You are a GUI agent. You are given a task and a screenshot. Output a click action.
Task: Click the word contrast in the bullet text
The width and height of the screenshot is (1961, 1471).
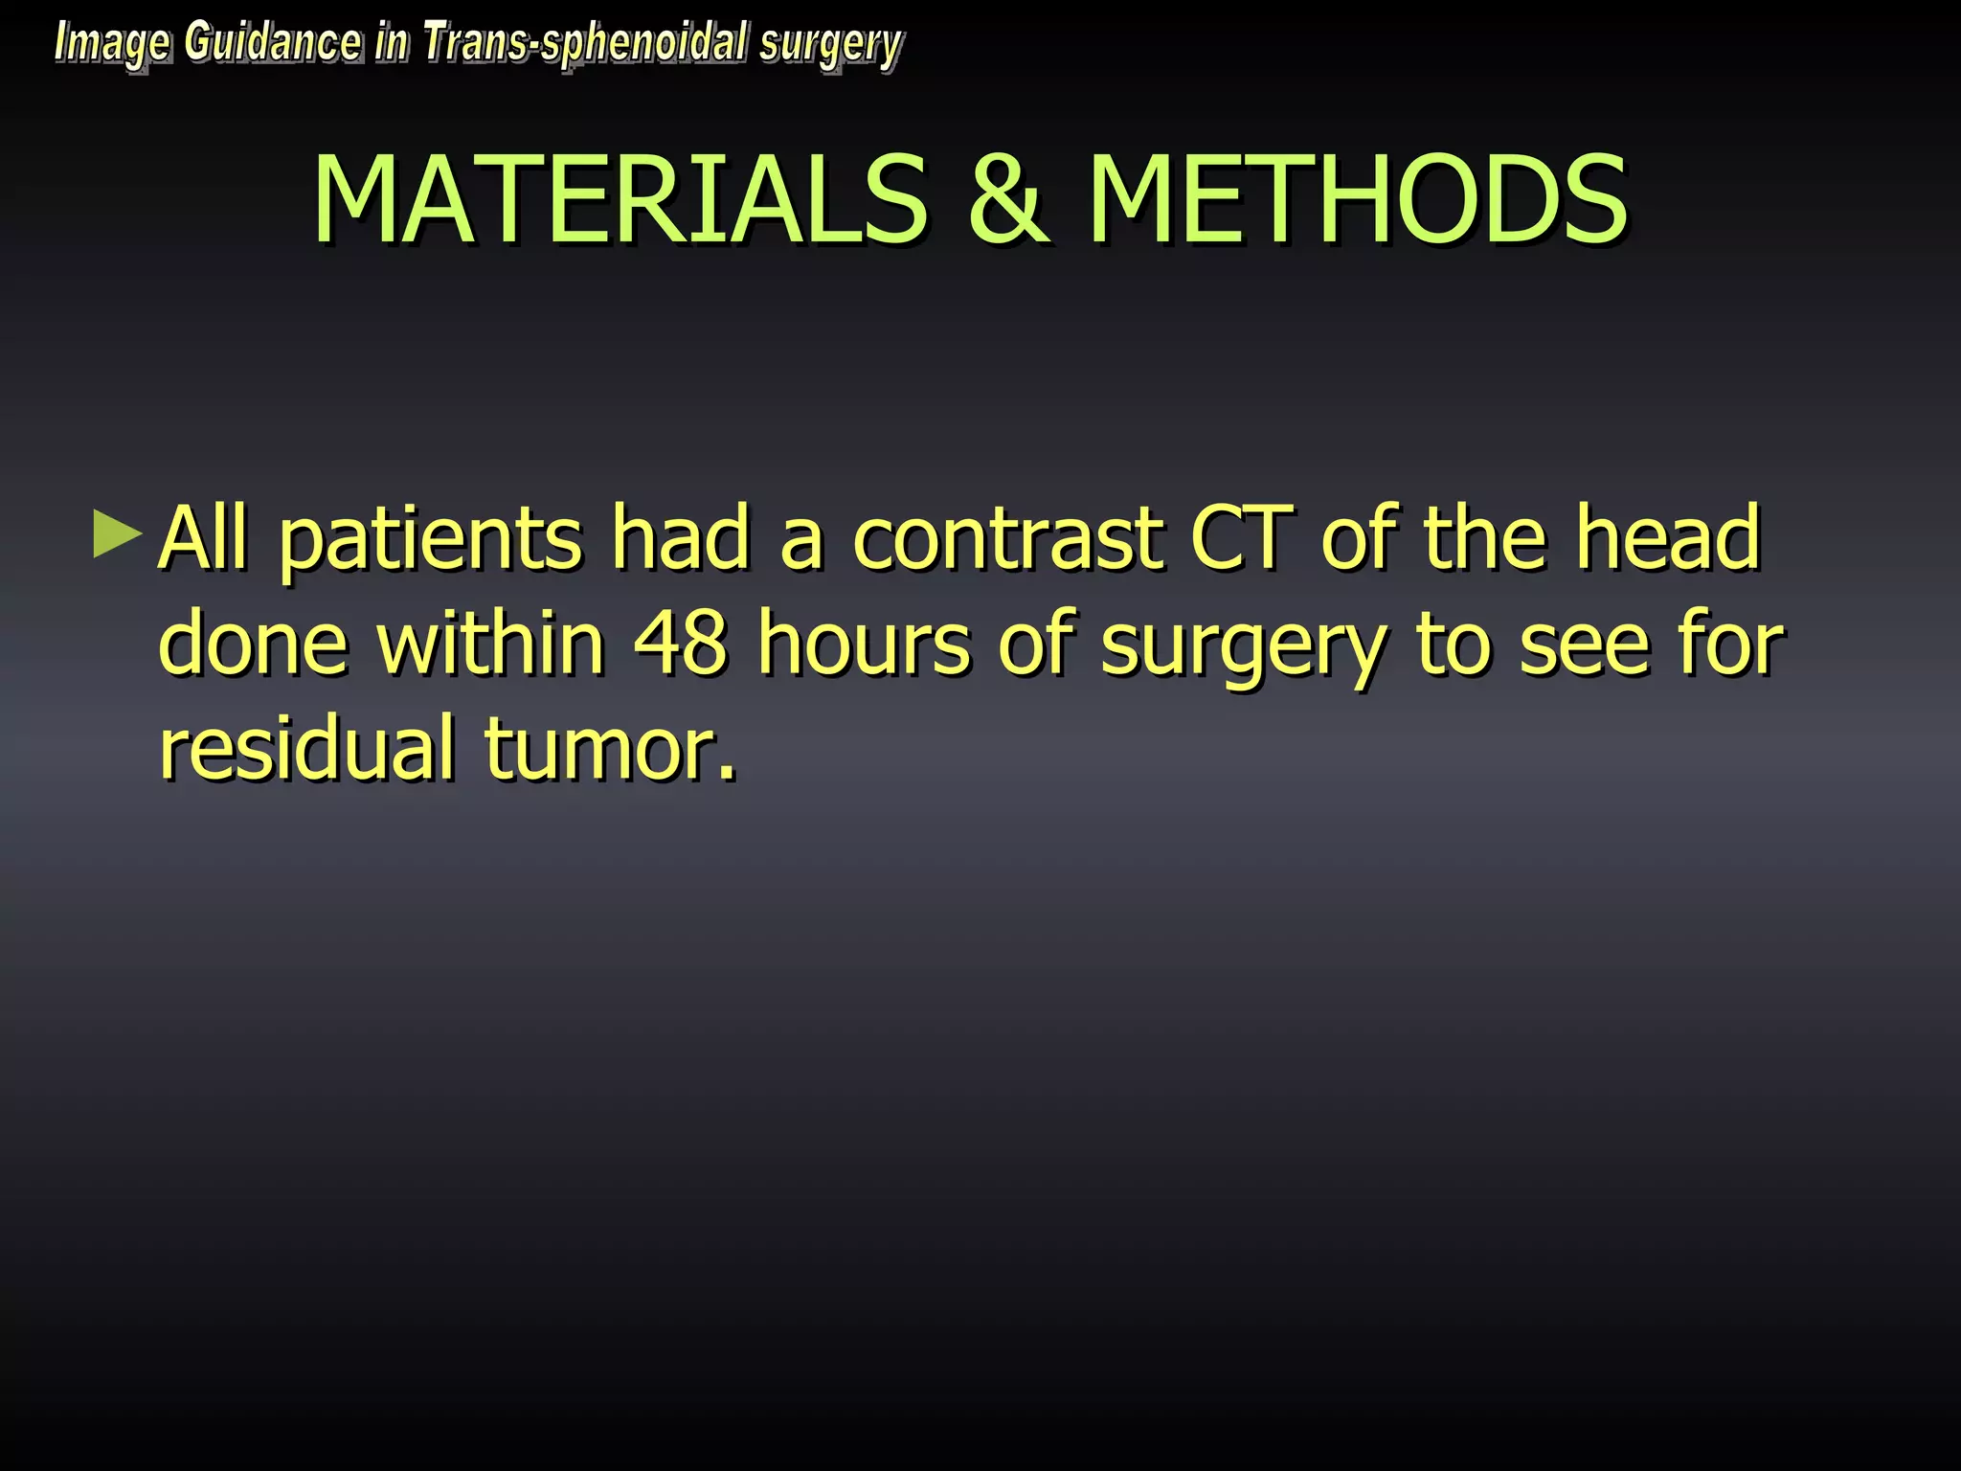pyautogui.click(x=1006, y=538)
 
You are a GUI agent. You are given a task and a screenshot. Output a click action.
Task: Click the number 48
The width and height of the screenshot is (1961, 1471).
pyautogui.click(x=681, y=644)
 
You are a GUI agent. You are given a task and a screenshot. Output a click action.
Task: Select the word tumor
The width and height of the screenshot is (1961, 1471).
pyautogui.click(x=611, y=750)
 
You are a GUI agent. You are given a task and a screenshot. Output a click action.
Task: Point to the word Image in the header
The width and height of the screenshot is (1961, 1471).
pyautogui.click(x=112, y=44)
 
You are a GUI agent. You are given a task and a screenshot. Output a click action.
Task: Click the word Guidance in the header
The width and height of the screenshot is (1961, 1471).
pyautogui.click(x=273, y=42)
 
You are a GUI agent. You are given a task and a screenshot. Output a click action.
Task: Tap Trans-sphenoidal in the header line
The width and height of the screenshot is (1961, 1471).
pyautogui.click(x=585, y=44)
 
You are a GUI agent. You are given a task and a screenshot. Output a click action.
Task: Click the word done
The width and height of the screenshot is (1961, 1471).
pyautogui.click(x=253, y=644)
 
